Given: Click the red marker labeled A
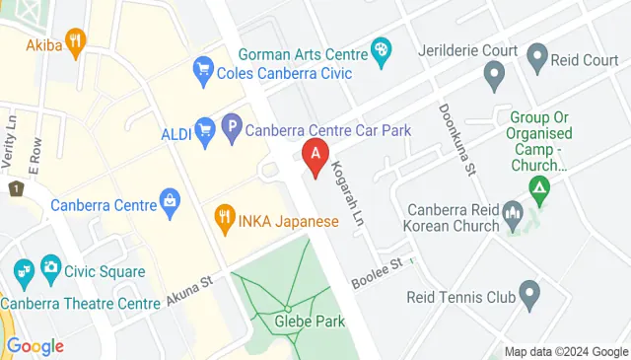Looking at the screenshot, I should tap(315, 156).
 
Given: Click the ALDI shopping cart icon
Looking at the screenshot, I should tap(205, 127).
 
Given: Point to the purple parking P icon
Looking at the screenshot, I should tap(231, 127).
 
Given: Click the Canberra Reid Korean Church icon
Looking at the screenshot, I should tap(512, 212).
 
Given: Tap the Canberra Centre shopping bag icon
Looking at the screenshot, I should tap(171, 204).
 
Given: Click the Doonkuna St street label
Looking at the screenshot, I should tap(459, 138).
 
